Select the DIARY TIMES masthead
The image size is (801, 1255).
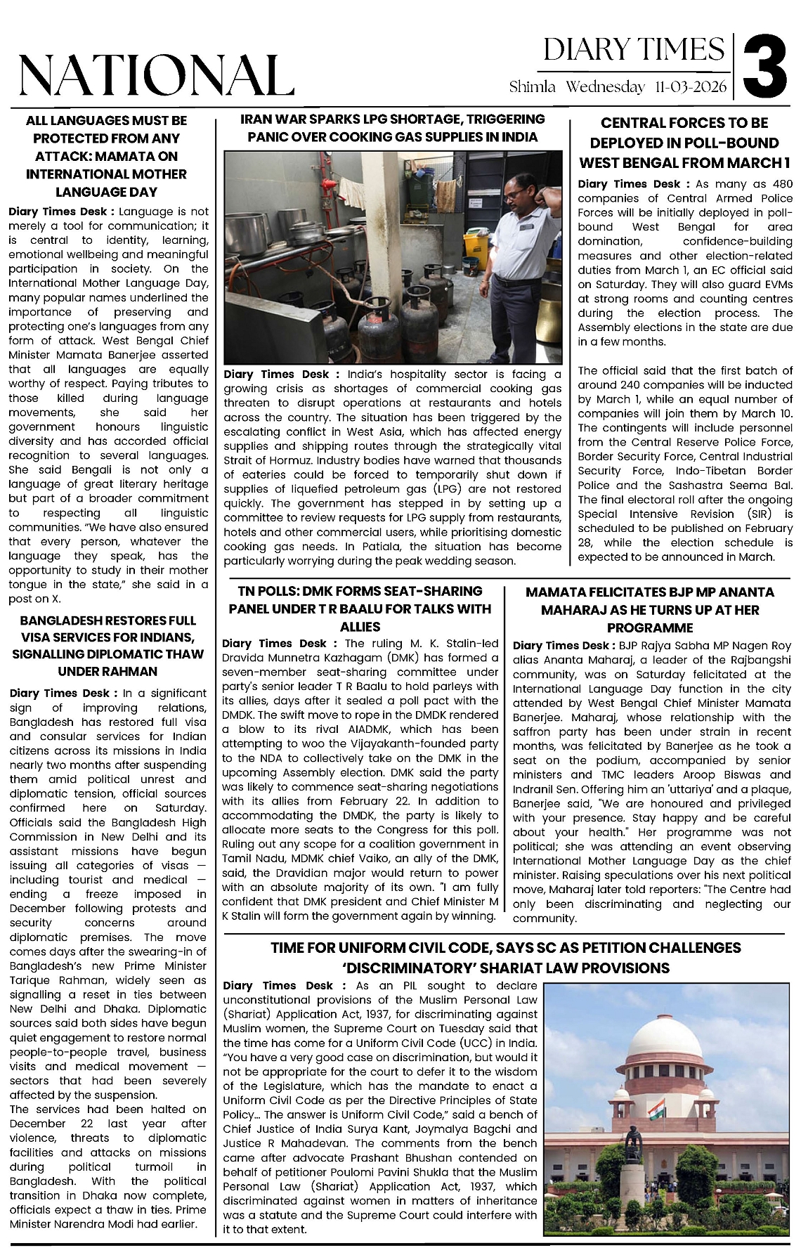[634, 50]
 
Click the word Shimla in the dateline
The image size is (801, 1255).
[533, 87]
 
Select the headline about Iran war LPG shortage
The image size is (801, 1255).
[393, 128]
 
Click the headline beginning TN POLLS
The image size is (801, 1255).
[360, 609]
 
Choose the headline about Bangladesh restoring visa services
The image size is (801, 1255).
[108, 646]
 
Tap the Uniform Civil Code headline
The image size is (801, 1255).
[505, 958]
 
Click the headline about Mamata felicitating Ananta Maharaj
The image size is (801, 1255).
[650, 610]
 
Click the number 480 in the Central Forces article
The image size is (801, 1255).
[780, 184]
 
